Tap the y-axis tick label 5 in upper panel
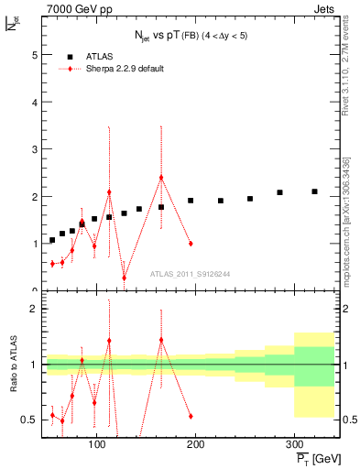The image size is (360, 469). pos(34,55)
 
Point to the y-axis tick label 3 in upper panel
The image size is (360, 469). pos(34,149)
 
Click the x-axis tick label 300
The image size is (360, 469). pos(294,446)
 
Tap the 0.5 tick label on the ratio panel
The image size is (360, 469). pos(29,420)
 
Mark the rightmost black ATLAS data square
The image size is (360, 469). pos(314,191)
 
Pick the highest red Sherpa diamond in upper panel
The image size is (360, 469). pos(161,178)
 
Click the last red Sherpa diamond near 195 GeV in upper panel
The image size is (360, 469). pos(191,244)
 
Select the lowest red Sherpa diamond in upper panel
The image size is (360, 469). pos(124,278)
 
